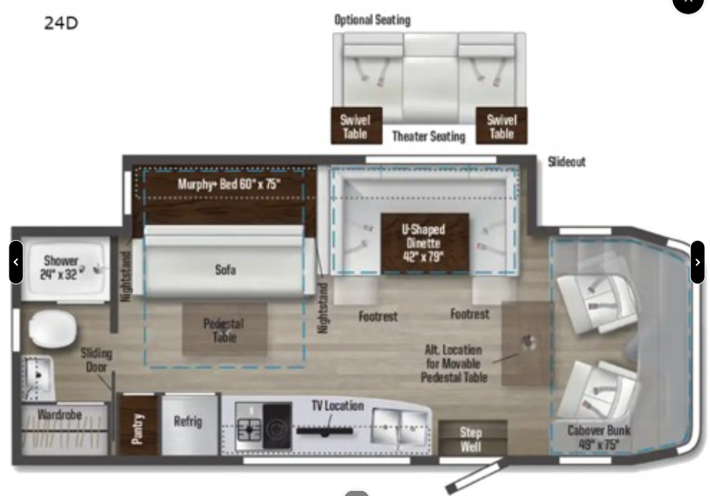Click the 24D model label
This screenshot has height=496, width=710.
coord(61,23)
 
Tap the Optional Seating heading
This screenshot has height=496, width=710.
coord(371,20)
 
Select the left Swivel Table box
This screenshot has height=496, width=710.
coord(355,127)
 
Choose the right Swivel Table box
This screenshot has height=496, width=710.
coord(501,127)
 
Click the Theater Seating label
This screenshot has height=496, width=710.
coord(428,136)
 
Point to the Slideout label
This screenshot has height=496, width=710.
coord(566,161)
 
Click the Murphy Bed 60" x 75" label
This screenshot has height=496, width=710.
coord(229,184)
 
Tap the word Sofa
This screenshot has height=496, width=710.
coord(225,270)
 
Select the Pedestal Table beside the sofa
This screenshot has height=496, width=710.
coord(224,329)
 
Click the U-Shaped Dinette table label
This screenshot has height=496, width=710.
coord(424,242)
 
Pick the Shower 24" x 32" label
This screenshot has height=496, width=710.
coord(61,267)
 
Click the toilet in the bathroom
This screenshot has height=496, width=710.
coord(52,331)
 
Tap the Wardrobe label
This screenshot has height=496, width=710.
coord(60,415)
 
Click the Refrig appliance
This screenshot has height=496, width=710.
coord(187,422)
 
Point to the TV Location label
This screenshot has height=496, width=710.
coord(337,406)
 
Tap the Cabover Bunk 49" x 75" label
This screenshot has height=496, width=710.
coord(598,436)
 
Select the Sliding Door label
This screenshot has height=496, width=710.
coord(97,360)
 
